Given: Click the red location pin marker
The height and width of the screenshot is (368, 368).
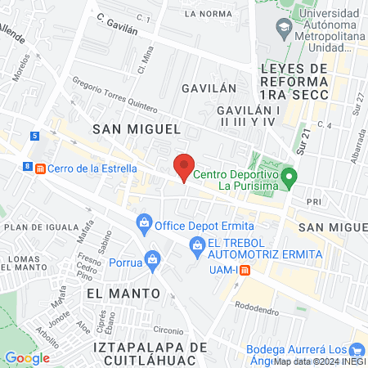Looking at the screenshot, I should [x=185, y=166].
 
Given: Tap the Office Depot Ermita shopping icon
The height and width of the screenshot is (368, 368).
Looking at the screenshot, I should [x=145, y=222].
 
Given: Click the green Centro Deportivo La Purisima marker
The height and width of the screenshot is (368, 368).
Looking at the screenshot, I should [x=288, y=176].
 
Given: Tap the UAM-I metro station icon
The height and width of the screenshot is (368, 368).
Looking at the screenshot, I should [x=245, y=271].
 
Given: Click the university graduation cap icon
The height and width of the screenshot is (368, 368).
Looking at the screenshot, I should [x=282, y=27].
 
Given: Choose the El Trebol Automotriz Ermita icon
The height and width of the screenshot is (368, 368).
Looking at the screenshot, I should [x=196, y=244].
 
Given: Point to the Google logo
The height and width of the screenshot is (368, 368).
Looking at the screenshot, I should [x=27, y=357].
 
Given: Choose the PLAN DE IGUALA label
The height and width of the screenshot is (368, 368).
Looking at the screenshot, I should [x=36, y=227].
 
